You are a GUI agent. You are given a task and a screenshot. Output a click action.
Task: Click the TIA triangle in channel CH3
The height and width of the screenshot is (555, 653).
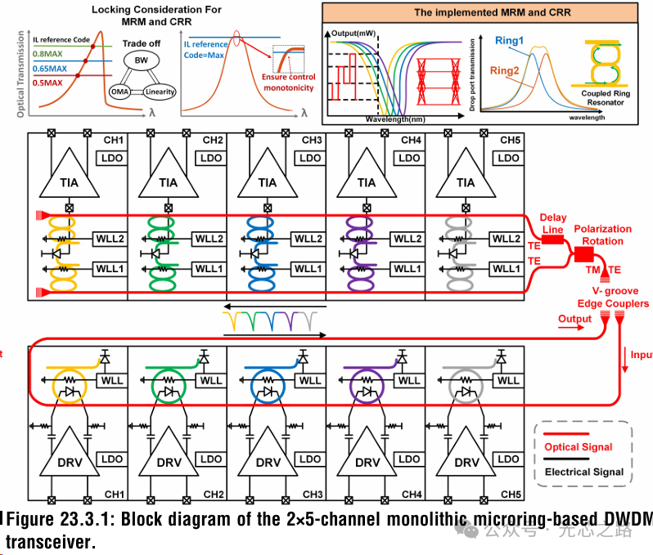coord(268,181)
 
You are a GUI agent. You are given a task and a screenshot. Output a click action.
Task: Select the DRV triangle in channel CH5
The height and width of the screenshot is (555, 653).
coord(466,459)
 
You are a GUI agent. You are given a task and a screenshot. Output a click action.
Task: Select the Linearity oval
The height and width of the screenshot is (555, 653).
coord(160,92)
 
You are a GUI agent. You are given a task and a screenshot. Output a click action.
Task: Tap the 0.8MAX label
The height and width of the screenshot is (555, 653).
coord(50,53)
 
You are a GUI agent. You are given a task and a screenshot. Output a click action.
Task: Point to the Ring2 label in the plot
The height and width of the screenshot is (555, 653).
coord(504,71)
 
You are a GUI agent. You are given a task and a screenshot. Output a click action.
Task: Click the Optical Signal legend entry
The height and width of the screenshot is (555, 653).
coord(579,447)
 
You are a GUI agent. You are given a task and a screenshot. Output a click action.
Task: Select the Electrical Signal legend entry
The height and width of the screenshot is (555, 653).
coord(583,472)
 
